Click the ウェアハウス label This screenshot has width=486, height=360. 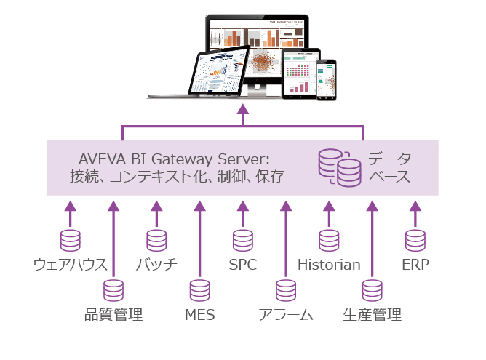(x=71, y=265)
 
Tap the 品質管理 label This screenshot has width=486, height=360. (x=113, y=315)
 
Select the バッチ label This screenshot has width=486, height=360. (x=156, y=265)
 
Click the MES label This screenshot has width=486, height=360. (x=199, y=315)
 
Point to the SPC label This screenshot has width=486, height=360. (x=242, y=265)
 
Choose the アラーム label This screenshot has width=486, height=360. (x=285, y=315)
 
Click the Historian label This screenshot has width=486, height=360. (x=329, y=265)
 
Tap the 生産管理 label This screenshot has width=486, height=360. (x=372, y=315)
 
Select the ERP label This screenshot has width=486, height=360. (x=415, y=265)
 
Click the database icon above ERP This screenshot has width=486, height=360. (x=415, y=241)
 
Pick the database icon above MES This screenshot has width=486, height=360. (x=200, y=291)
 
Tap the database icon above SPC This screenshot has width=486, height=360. (x=243, y=241)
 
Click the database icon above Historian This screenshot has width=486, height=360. (x=329, y=241)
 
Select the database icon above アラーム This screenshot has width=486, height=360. (x=286, y=291)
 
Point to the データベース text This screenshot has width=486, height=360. (x=389, y=167)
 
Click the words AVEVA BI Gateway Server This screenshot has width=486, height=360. (x=174, y=159)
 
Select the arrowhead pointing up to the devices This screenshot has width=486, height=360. (x=243, y=109)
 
